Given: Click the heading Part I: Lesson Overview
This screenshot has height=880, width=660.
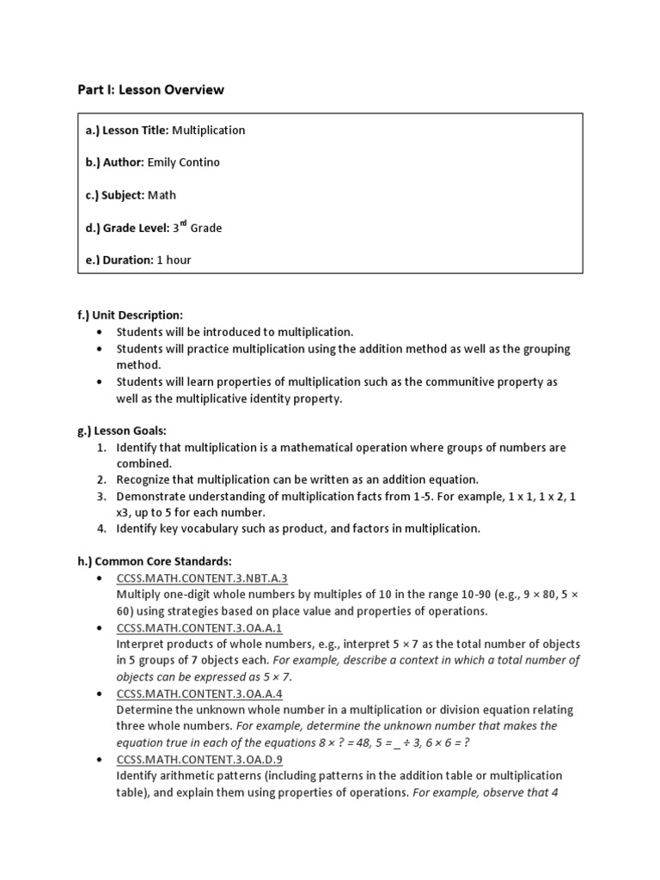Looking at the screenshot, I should pyautogui.click(x=150, y=89).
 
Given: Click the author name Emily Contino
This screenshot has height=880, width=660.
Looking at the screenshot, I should pyautogui.click(x=183, y=162).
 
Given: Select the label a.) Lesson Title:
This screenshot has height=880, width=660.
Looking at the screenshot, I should pyautogui.click(x=127, y=131).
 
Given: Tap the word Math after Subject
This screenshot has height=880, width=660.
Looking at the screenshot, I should pyautogui.click(x=162, y=195).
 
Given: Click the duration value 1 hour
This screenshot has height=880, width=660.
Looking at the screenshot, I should pyautogui.click(x=174, y=260).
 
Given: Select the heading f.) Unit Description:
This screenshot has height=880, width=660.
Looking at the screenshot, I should pyautogui.click(x=131, y=315).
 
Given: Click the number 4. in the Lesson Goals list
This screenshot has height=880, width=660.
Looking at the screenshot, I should pyautogui.click(x=101, y=529).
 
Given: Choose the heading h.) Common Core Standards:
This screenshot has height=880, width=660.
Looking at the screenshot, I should pyautogui.click(x=155, y=561).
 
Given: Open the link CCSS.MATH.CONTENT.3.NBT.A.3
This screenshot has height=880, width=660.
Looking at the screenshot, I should pyautogui.click(x=202, y=578).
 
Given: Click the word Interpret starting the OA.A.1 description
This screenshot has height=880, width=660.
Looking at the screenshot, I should pyautogui.click(x=141, y=645).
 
